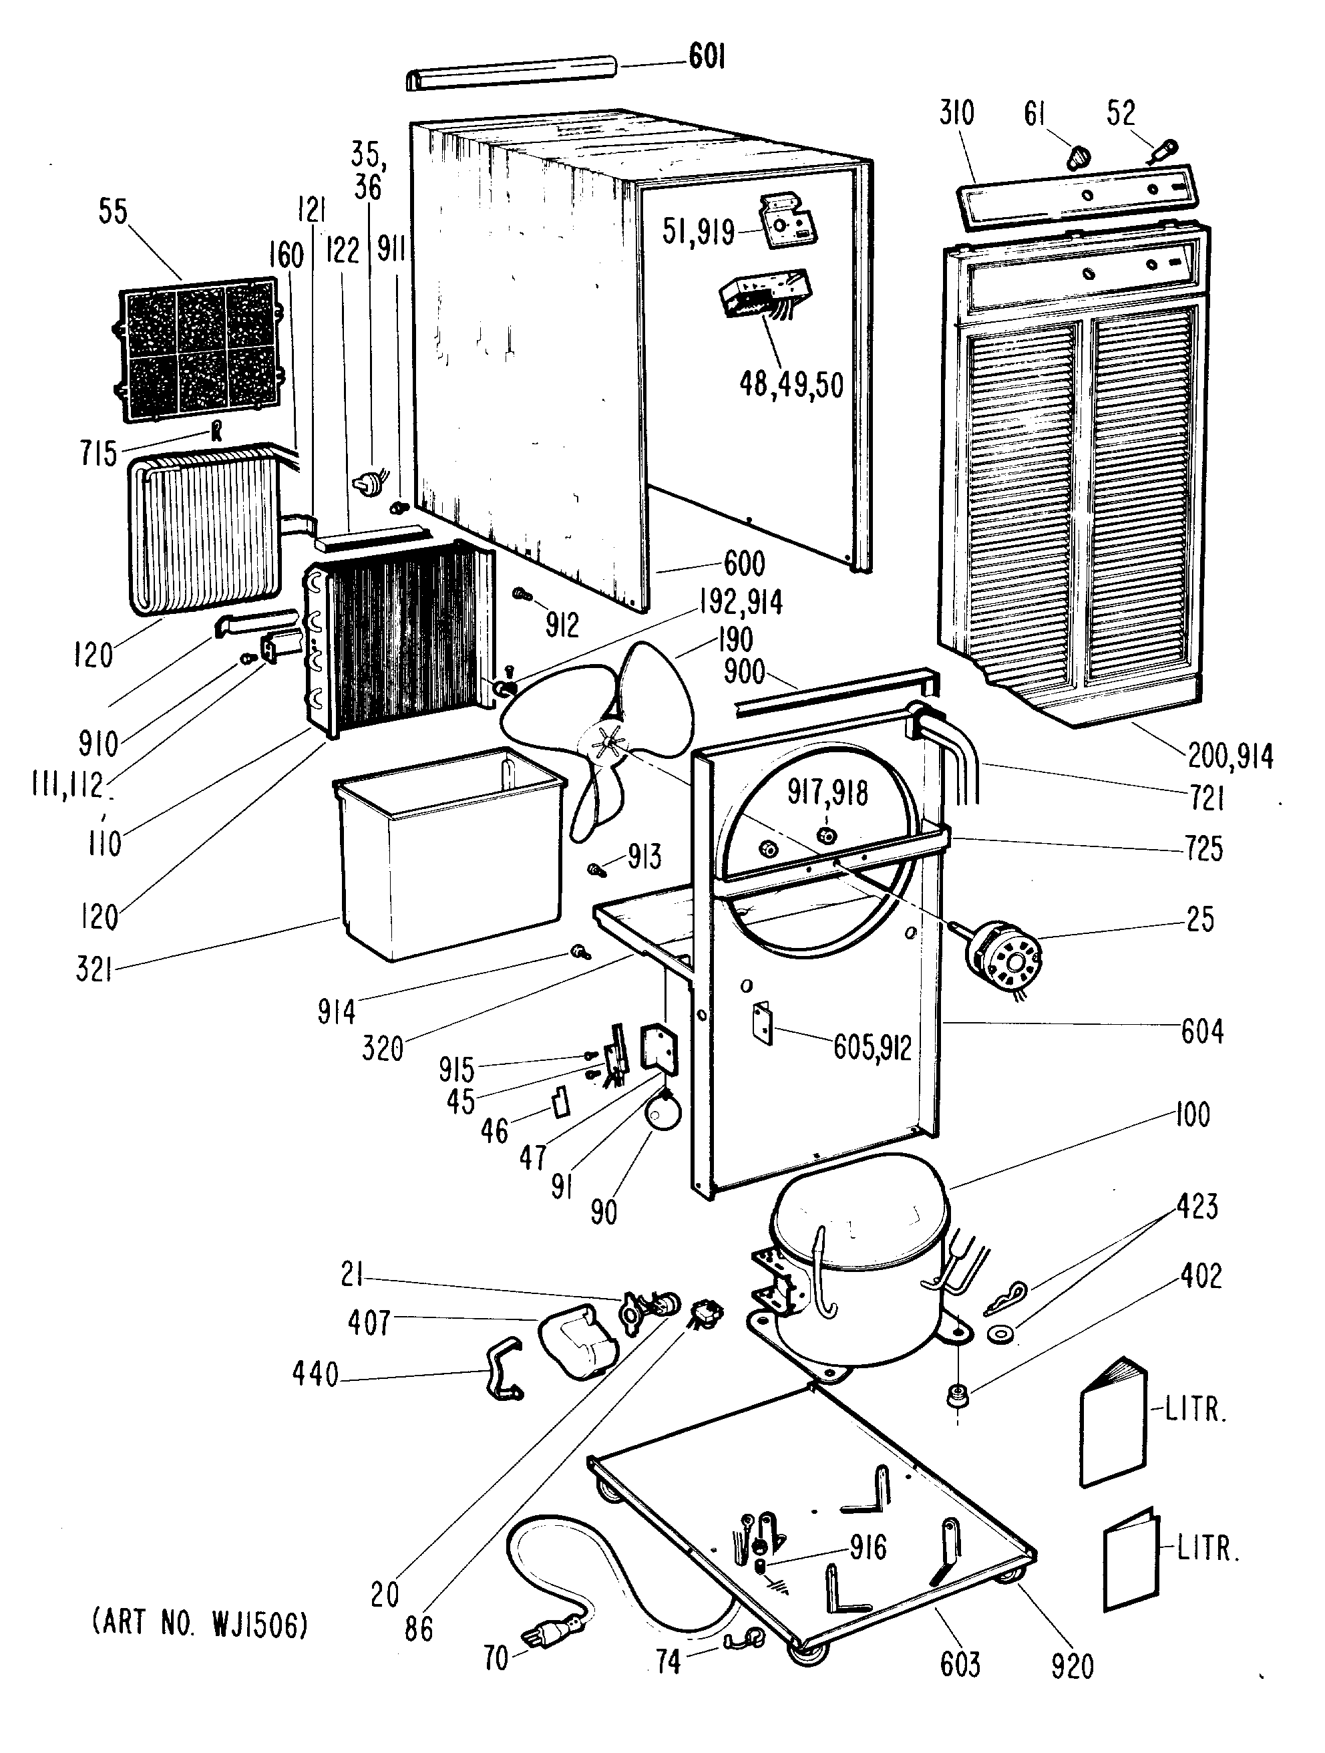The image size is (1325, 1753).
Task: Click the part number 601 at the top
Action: [706, 58]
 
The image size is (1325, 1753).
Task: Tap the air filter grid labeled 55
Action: [198, 349]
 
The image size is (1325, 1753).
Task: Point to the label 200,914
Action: [1230, 757]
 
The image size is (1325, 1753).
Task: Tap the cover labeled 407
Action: [576, 1340]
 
